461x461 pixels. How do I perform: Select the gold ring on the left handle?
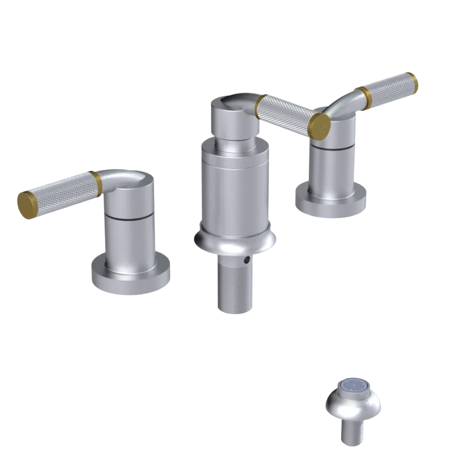click(96, 183)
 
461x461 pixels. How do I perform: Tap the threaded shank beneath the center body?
click(235, 286)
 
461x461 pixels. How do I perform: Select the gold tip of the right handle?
click(412, 83)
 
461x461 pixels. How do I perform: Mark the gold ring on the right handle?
click(365, 98)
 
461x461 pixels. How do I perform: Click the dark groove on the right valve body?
click(332, 147)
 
